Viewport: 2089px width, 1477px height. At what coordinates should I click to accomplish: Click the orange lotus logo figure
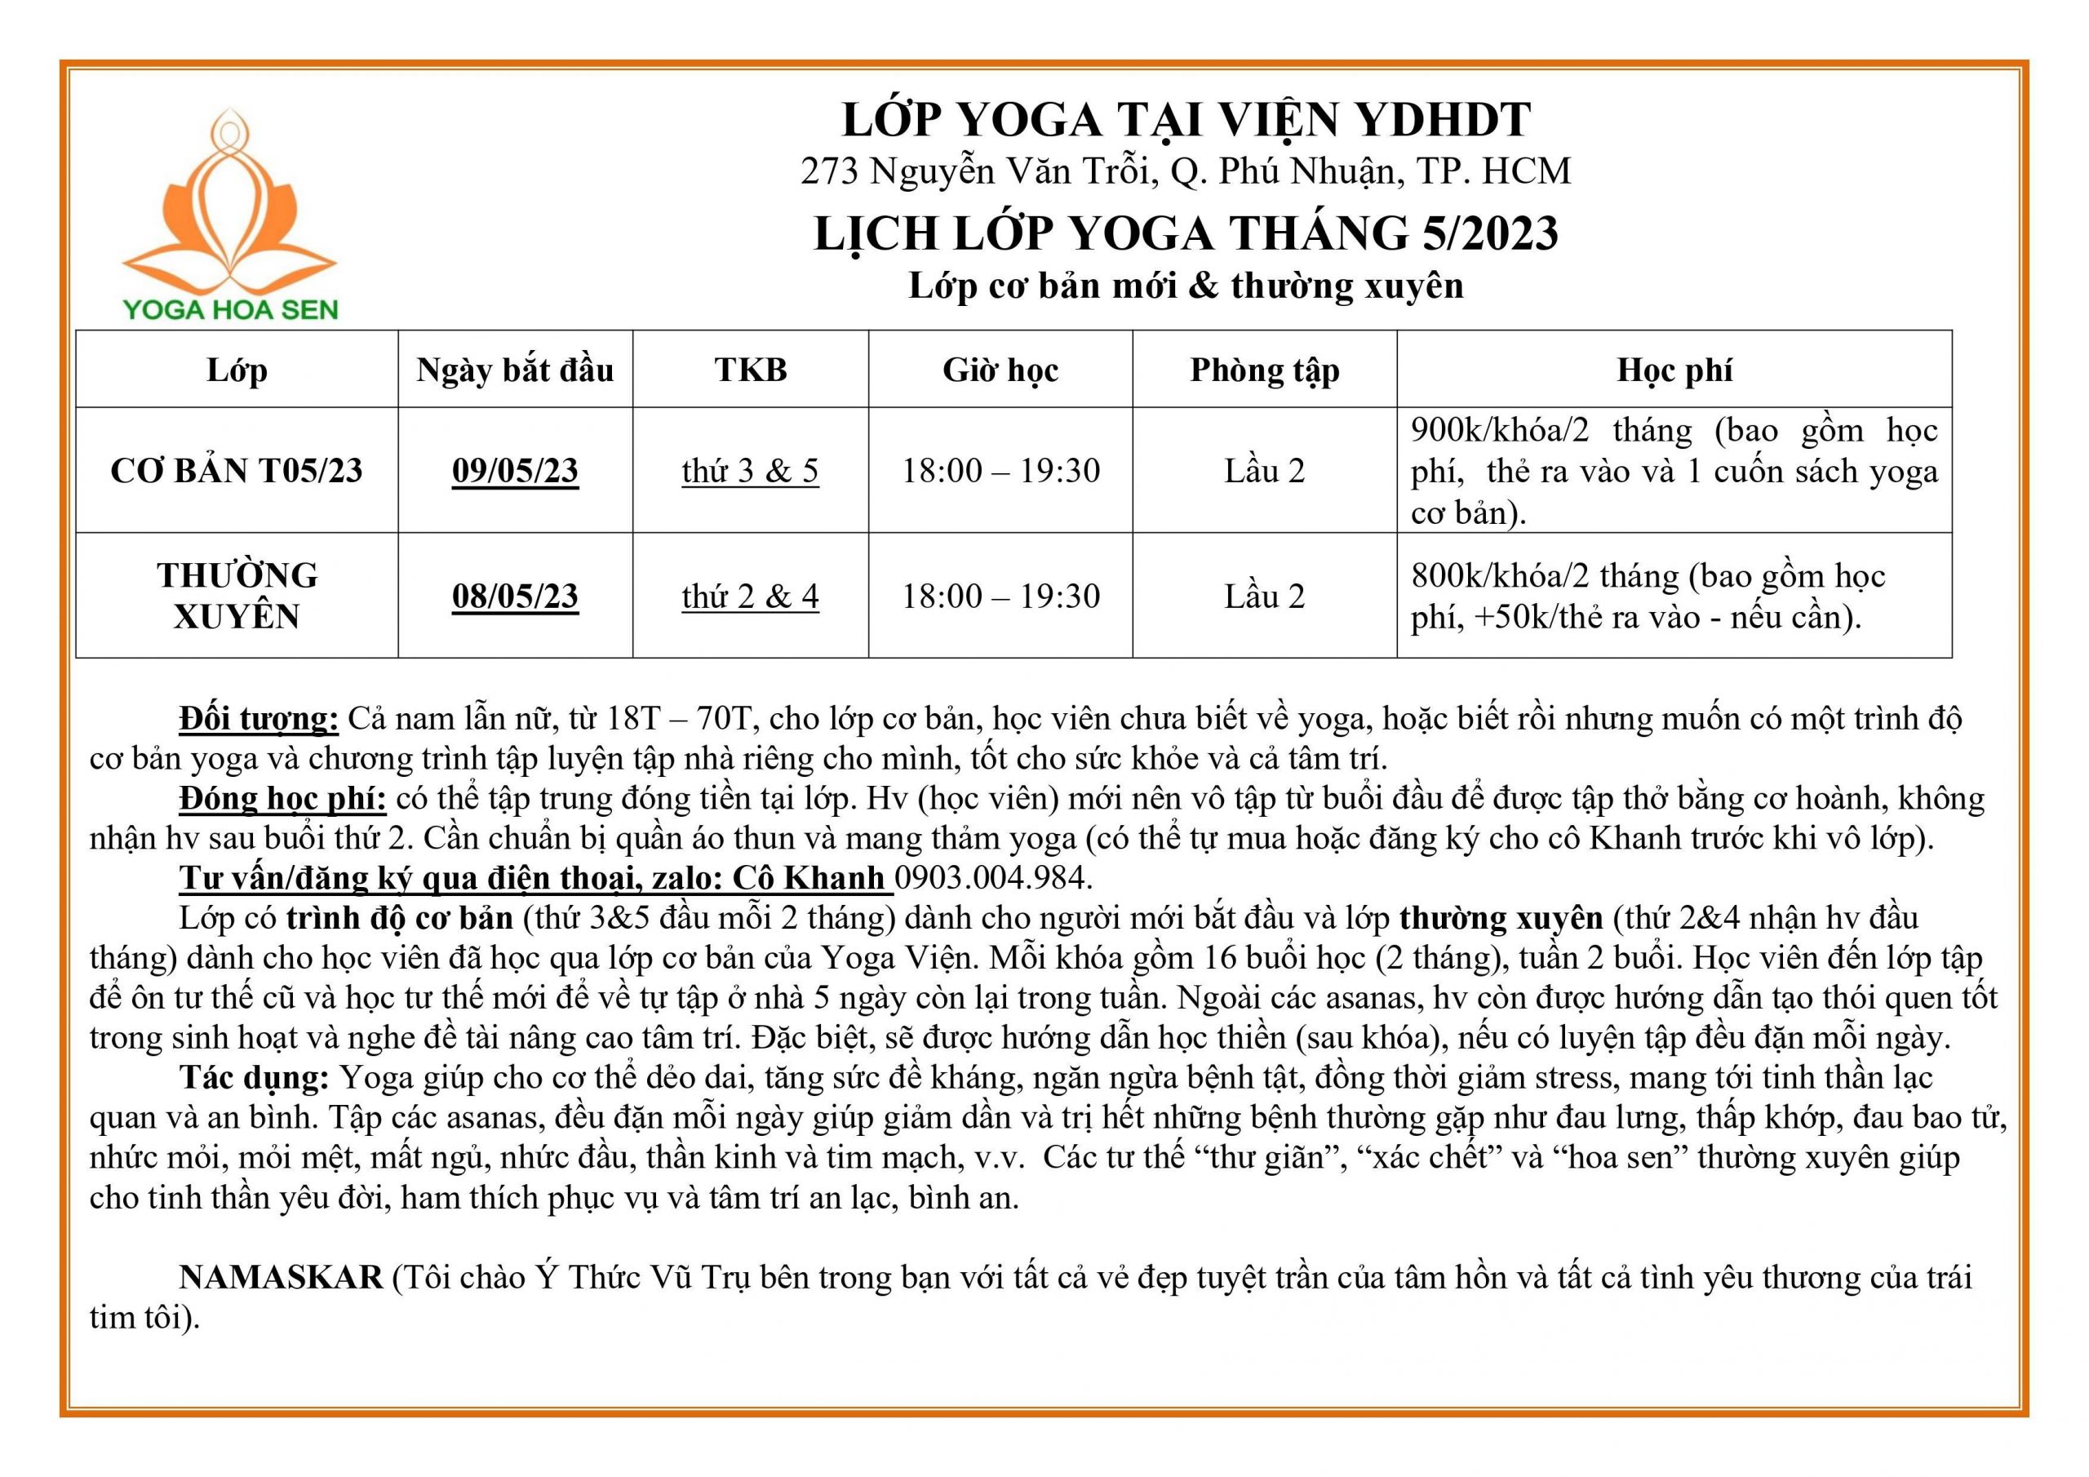pyautogui.click(x=229, y=205)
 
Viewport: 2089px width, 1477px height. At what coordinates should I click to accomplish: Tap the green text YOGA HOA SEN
pyautogui.click(x=230, y=309)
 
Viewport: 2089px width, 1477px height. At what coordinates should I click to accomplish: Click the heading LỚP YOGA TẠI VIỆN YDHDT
pyautogui.click(x=1186, y=120)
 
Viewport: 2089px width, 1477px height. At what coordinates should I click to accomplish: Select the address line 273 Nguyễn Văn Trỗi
pyautogui.click(x=1186, y=171)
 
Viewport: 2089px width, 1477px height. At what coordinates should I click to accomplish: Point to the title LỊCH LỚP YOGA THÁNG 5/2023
pyautogui.click(x=1186, y=233)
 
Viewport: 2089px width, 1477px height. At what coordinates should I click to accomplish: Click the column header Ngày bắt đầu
pyautogui.click(x=515, y=370)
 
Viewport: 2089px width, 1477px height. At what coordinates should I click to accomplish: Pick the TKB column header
pyautogui.click(x=751, y=370)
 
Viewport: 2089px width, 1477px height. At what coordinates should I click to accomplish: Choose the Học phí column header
pyautogui.click(x=1674, y=370)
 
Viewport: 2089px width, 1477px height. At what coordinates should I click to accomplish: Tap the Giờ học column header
pyautogui.click(x=1000, y=370)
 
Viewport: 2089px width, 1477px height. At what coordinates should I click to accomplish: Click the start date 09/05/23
pyautogui.click(x=515, y=471)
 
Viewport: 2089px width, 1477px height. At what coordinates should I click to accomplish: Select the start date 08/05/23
pyautogui.click(x=515, y=596)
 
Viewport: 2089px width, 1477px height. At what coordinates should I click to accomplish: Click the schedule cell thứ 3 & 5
pyautogui.click(x=751, y=471)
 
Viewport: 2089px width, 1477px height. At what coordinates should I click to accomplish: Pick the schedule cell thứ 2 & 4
pyautogui.click(x=751, y=596)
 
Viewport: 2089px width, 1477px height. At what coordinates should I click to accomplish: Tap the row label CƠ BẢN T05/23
pyautogui.click(x=237, y=471)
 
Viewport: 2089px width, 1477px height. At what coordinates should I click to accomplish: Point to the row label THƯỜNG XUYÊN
pyautogui.click(x=237, y=596)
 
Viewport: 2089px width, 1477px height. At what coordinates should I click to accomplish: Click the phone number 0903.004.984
pyautogui.click(x=992, y=877)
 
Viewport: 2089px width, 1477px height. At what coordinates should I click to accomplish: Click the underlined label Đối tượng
pyautogui.click(x=259, y=719)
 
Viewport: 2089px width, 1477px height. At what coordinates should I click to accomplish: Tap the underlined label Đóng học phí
pyautogui.click(x=283, y=798)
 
